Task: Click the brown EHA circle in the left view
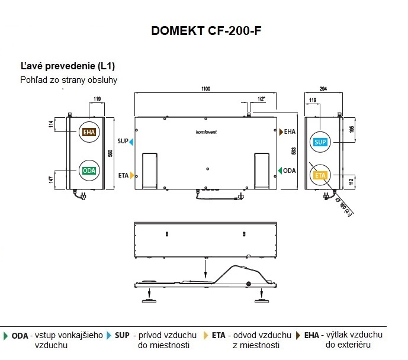[89, 132]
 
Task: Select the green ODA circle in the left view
[89, 170]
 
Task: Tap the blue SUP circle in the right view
[320, 142]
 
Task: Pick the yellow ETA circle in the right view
[320, 176]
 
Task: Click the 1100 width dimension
[205, 89]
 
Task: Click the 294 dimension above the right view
[323, 89]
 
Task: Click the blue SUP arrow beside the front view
[131, 142]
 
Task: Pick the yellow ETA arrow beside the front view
[132, 175]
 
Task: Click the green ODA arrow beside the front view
[280, 171]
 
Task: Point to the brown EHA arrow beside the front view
[281, 131]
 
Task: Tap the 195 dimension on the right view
[351, 130]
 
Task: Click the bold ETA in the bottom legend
[219, 335]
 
